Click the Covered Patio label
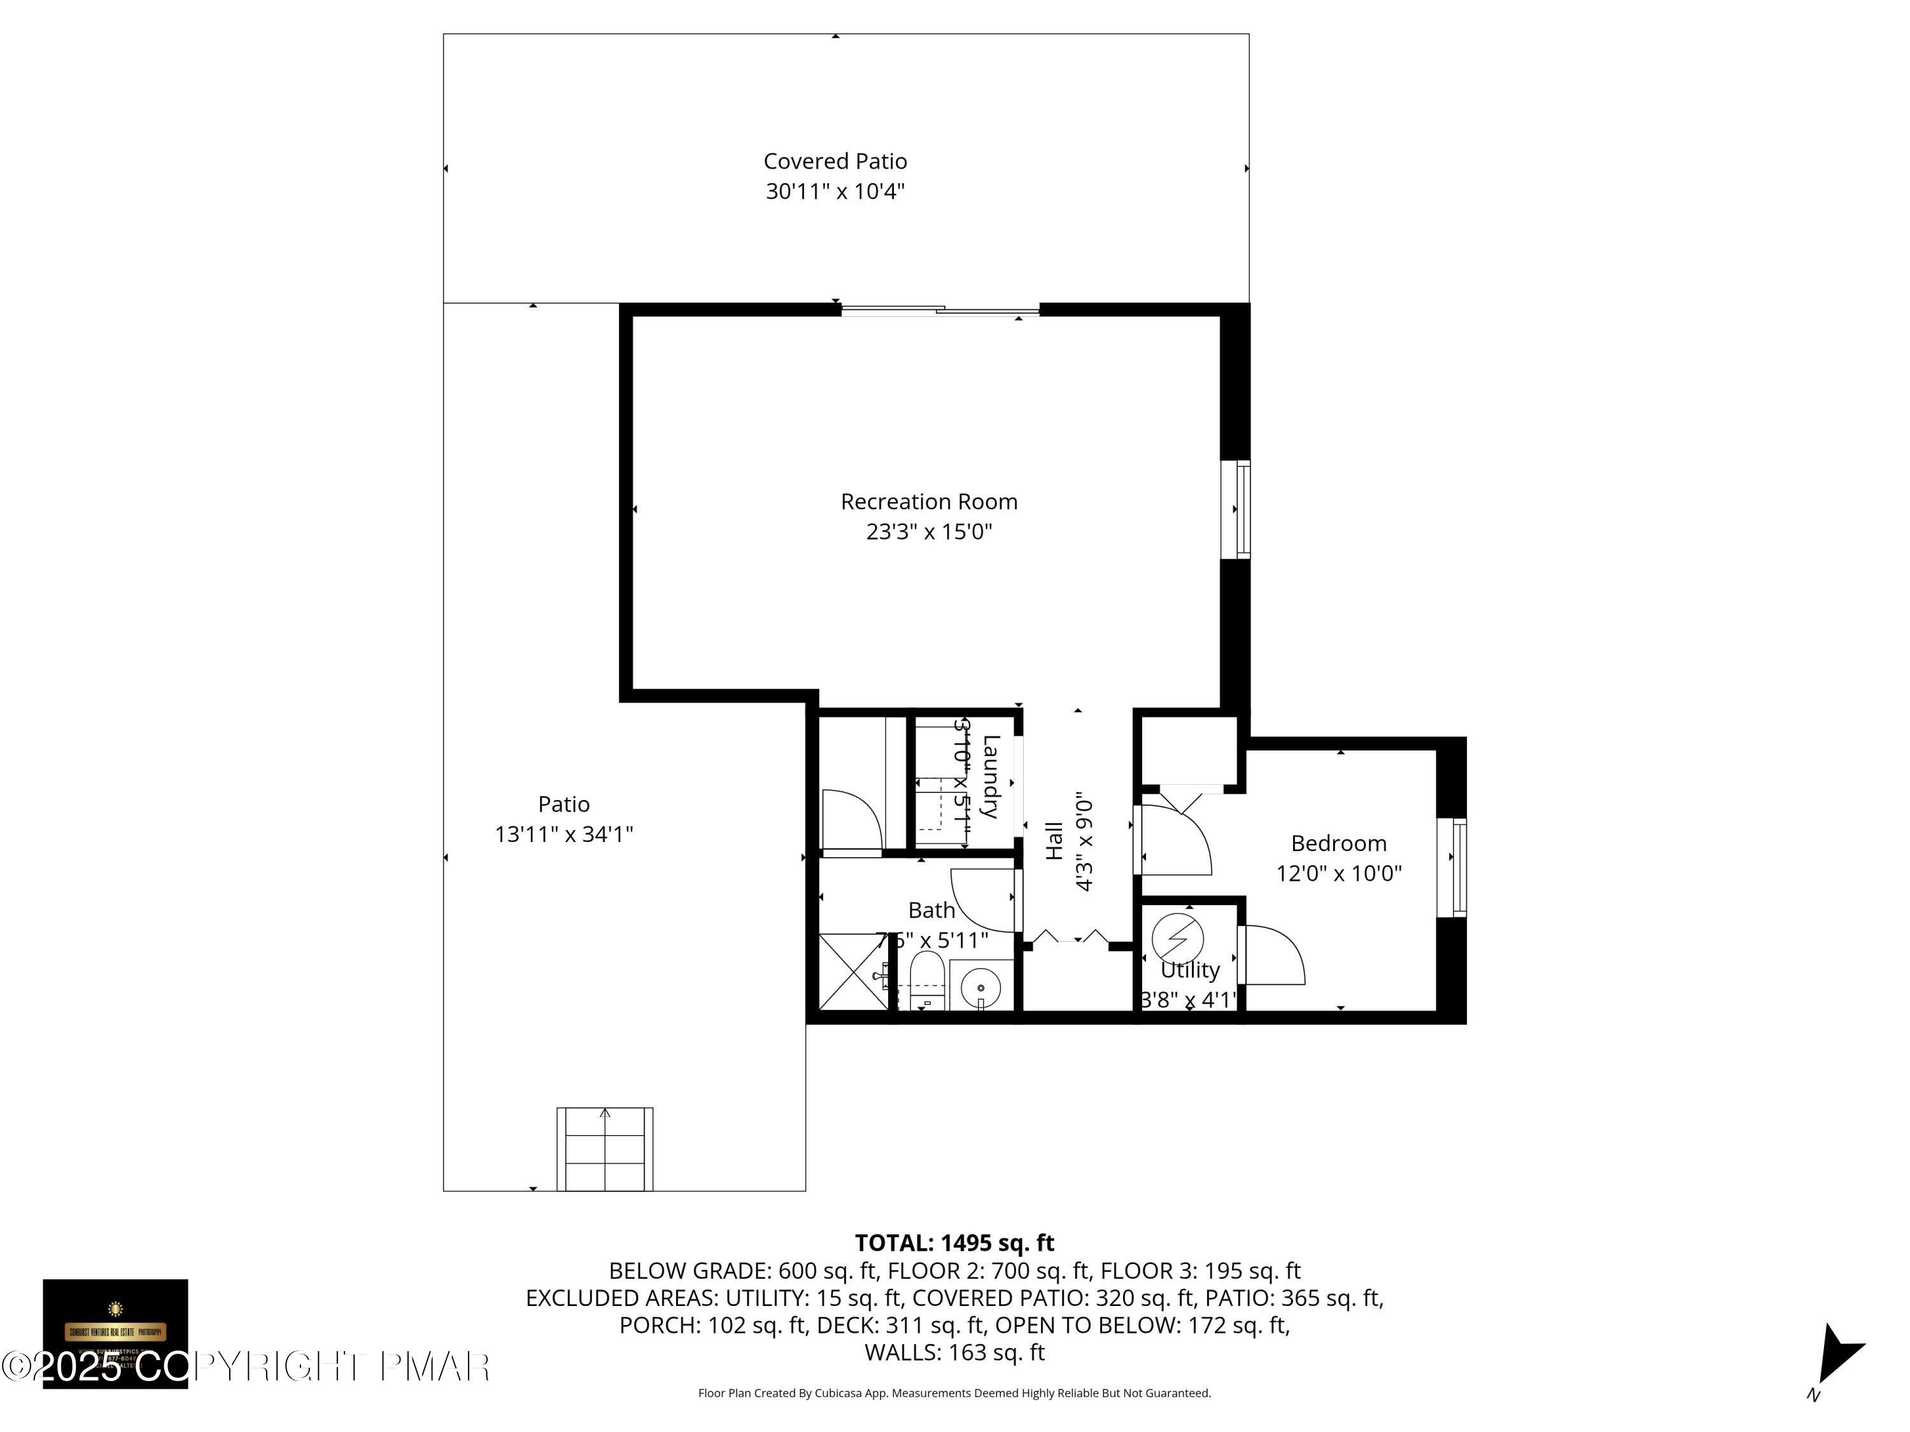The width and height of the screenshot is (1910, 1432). (x=835, y=162)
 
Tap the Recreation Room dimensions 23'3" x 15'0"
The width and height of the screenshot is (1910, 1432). (x=929, y=531)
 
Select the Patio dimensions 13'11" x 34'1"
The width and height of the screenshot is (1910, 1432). (x=564, y=834)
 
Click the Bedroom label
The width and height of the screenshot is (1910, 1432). (x=1338, y=843)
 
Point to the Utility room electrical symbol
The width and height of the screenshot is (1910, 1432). (x=1178, y=937)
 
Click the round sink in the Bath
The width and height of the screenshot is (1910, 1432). (x=981, y=986)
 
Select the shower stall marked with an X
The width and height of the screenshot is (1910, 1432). (x=853, y=972)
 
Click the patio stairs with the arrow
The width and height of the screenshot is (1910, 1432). (x=604, y=1149)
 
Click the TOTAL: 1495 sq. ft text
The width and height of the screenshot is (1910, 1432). (x=954, y=1243)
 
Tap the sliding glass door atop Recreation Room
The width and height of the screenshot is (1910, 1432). (x=940, y=311)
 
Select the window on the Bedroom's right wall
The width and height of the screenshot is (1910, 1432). (x=1459, y=867)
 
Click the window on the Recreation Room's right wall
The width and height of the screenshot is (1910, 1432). (x=1241, y=509)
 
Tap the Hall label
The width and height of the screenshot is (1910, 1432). (x=1054, y=841)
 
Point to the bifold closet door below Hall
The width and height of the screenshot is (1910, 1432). (x=1072, y=937)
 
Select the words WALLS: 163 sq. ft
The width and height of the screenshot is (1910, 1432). (x=954, y=1352)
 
